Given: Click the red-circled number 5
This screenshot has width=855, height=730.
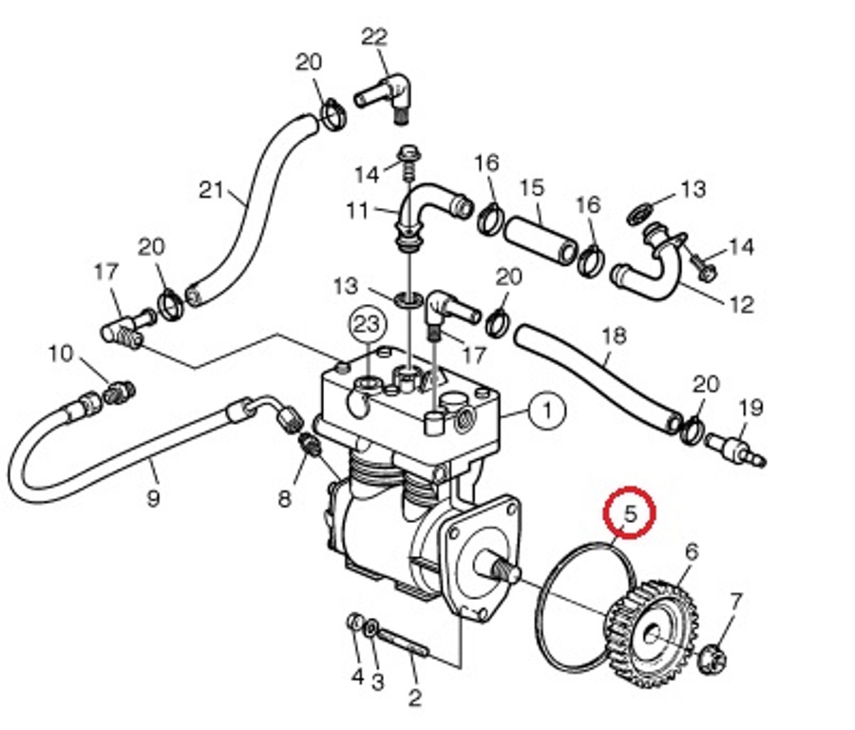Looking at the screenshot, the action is [629, 513].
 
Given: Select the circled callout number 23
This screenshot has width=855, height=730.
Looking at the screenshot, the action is [367, 325].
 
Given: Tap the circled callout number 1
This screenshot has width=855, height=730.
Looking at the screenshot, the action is [547, 410].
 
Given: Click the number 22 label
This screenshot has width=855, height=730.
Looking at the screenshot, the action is [374, 37].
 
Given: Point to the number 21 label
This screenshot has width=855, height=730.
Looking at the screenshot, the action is [211, 190].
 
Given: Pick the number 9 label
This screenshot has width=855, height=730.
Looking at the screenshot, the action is [153, 497].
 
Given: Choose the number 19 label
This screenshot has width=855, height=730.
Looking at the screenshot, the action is [750, 408].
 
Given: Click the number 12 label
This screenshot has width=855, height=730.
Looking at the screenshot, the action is [742, 304].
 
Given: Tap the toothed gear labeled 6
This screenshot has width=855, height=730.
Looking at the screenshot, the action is [653, 633].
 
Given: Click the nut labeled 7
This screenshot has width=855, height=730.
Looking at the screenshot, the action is [712, 658].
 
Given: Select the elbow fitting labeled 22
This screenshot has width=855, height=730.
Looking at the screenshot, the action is [384, 97].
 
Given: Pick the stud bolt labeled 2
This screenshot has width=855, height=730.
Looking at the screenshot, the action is [404, 643].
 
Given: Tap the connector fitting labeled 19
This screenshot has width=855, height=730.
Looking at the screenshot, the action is [735, 448].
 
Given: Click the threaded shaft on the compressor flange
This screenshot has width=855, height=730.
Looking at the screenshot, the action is [499, 567].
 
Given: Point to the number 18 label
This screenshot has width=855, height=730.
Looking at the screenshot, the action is [614, 336].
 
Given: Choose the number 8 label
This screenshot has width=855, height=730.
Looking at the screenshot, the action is [285, 498].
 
